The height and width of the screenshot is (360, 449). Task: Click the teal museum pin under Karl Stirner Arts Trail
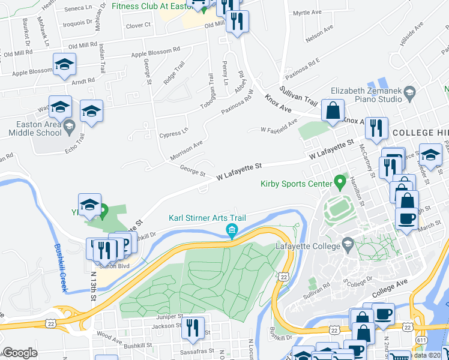[x=231, y=230]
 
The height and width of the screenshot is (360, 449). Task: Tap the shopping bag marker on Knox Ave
[x=332, y=111]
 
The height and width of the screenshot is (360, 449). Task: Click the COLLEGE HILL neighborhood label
[x=418, y=132]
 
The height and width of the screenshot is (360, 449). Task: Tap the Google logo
[x=20, y=353]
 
